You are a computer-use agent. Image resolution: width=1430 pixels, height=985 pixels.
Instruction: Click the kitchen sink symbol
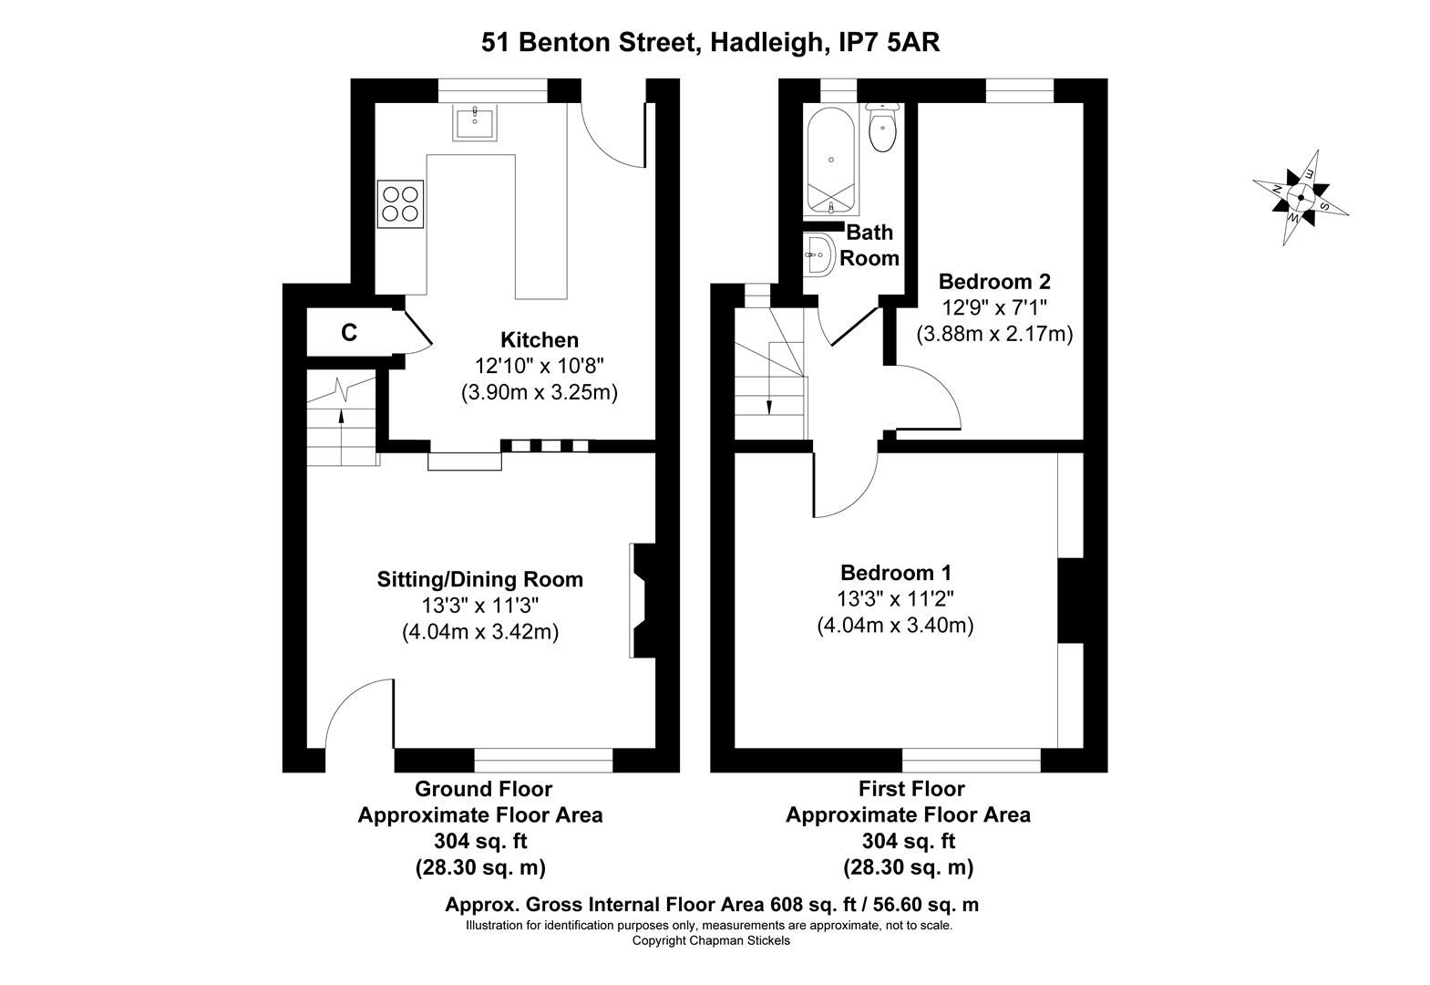click(x=475, y=122)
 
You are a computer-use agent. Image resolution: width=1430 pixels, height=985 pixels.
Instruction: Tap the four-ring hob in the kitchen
click(x=401, y=203)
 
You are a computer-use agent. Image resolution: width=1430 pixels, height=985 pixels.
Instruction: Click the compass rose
click(x=1301, y=196)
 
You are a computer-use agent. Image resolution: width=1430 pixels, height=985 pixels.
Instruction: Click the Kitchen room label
click(x=540, y=340)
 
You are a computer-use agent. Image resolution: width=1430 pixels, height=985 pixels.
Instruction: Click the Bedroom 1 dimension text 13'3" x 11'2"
click(x=895, y=599)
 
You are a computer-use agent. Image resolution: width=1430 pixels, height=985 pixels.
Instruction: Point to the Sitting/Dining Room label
click(x=480, y=579)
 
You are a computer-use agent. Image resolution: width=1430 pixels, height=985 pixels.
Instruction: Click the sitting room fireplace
click(x=643, y=601)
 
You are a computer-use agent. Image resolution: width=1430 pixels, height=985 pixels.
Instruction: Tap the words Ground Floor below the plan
click(x=483, y=789)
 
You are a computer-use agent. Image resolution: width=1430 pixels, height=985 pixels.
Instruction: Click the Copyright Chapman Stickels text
click(x=711, y=940)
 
